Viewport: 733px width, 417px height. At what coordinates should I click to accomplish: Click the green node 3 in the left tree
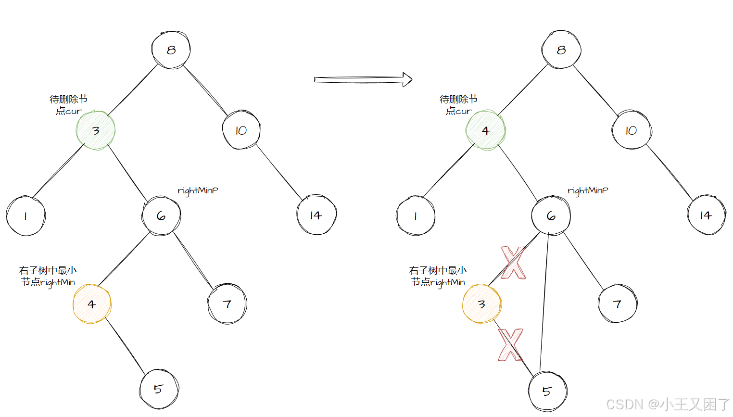(96, 131)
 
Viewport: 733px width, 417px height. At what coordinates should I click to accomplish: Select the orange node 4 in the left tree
(92, 304)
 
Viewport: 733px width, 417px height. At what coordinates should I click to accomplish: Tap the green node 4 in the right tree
(486, 131)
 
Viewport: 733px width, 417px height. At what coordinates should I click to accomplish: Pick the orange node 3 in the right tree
(481, 304)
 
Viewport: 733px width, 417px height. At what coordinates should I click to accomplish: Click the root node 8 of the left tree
(171, 50)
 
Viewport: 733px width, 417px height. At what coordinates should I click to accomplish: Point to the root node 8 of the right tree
(561, 50)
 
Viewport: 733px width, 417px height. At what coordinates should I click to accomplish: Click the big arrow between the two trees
(363, 79)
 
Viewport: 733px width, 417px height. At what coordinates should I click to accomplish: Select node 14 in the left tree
(316, 215)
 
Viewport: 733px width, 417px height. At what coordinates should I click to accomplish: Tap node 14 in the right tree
(706, 215)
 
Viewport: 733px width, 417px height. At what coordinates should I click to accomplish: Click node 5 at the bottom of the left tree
(159, 389)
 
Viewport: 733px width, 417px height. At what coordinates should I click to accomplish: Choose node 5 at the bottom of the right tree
(547, 391)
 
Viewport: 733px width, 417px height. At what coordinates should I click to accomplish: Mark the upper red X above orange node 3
(513, 263)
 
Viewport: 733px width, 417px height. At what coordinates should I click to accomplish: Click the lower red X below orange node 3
(510, 344)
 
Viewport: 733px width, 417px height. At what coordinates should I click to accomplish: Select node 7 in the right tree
(617, 304)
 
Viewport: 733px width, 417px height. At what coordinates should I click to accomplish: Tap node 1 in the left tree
(25, 216)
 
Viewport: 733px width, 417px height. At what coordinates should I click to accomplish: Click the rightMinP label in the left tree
(198, 191)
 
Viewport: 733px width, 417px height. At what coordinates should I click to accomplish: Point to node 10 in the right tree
(631, 131)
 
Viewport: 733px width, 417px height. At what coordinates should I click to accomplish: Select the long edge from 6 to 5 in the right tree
(544, 303)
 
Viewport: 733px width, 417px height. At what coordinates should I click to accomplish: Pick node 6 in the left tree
(161, 216)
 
